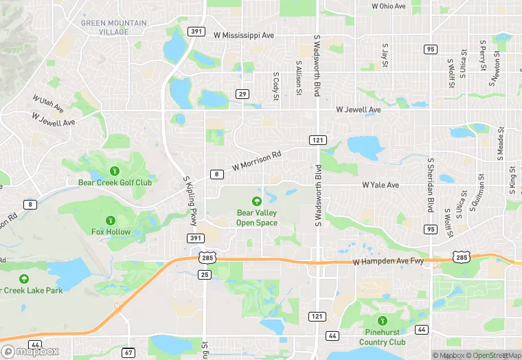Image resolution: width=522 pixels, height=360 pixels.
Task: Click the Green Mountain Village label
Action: tap(113, 27)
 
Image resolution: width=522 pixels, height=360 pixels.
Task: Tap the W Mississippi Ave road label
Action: tap(244, 34)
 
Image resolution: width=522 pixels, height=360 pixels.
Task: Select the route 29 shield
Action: tap(242, 93)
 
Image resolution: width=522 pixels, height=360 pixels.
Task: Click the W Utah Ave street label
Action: tap(47, 104)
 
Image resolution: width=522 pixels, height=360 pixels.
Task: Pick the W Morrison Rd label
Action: tap(257, 161)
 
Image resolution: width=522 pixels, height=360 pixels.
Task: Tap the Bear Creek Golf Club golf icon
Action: tap(114, 170)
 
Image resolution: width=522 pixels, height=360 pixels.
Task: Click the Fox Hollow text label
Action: tap(111, 232)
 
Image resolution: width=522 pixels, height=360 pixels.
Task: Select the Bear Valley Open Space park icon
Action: tap(257, 201)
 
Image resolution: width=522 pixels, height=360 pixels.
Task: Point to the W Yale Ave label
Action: tap(381, 185)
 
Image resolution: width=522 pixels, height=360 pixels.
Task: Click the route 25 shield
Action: tap(205, 275)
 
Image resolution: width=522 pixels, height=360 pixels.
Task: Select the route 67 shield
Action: tap(128, 352)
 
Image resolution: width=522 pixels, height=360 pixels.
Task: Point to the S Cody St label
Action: tap(276, 85)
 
